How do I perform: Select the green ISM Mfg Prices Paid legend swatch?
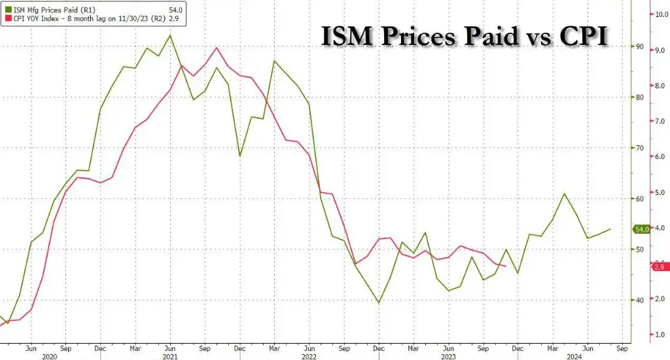8,9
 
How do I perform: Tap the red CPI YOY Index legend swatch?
8,18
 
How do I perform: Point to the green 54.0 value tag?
641,229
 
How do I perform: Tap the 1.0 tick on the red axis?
659,335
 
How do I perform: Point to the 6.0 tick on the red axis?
659,156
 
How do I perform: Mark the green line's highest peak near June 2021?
170,35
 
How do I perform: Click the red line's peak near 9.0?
217,48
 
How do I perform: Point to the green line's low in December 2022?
379,302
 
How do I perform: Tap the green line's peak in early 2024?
564,194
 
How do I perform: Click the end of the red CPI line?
506,266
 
